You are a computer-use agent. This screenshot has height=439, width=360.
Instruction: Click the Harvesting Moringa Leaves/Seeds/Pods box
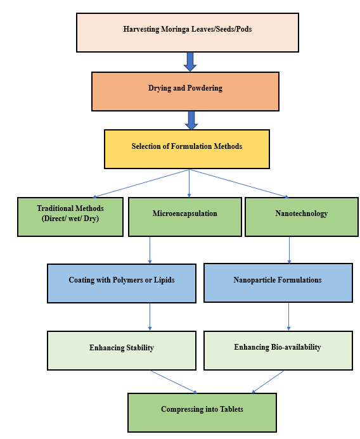pyautogui.click(x=188, y=32)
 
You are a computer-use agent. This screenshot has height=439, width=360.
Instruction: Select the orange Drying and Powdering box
pyautogui.click(x=185, y=92)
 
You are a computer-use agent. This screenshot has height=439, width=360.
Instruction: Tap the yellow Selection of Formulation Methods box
pyautogui.click(x=187, y=149)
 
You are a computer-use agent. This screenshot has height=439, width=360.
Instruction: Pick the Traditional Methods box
pyautogui.click(x=70, y=217)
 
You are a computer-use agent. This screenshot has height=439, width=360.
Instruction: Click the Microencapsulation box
pyautogui.click(x=185, y=217)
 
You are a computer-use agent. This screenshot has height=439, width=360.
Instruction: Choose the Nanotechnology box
pyautogui.click(x=302, y=217)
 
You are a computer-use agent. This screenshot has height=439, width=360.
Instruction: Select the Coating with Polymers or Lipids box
pyautogui.click(x=122, y=283)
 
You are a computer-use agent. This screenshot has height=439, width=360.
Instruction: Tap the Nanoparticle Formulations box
pyautogui.click(x=278, y=283)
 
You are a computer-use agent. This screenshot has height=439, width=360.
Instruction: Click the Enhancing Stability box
pyautogui.click(x=122, y=350)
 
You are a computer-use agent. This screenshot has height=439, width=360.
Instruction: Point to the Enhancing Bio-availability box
pyautogui.click(x=278, y=350)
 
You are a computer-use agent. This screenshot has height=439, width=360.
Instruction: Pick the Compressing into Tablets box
pyautogui.click(x=202, y=412)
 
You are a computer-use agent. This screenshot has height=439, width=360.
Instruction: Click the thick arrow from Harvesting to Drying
pyautogui.click(x=190, y=61)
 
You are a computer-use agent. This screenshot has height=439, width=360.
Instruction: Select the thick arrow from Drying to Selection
pyautogui.click(x=191, y=120)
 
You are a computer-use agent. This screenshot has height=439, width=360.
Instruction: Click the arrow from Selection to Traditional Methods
pyautogui.click(x=141, y=183)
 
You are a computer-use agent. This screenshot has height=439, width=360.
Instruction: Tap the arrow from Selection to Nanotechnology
pyautogui.click(x=239, y=183)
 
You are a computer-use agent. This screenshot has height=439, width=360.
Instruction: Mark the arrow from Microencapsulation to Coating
pyautogui.click(x=150, y=250)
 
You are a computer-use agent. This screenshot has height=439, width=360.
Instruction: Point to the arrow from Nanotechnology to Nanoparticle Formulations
pyautogui.click(x=290, y=250)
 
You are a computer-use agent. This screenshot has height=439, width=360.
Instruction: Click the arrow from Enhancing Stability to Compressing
pyautogui.click(x=174, y=382)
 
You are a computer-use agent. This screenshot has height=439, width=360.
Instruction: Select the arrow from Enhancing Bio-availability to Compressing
pyautogui.click(x=268, y=382)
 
